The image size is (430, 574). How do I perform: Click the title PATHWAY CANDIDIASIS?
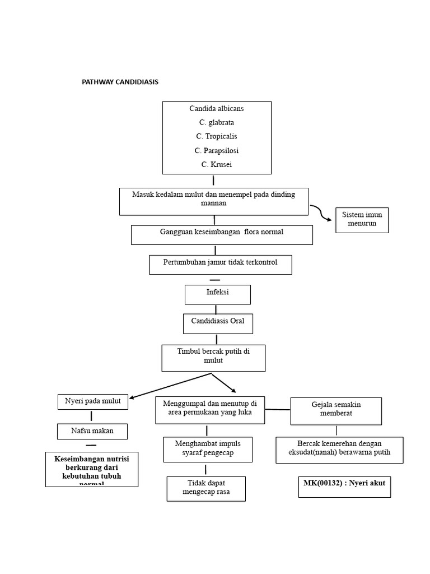click(x=120, y=82)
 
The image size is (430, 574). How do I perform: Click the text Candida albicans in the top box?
click(x=216, y=108)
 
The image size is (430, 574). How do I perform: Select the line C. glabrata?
click(x=216, y=122)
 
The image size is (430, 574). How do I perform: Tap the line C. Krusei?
click(x=216, y=164)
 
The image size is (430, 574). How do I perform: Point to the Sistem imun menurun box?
click(x=362, y=219)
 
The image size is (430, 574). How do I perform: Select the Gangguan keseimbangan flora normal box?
click(x=222, y=235)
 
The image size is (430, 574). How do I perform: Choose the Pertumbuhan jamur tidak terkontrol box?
click(x=220, y=265)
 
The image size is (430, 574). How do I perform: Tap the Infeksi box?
click(x=217, y=294)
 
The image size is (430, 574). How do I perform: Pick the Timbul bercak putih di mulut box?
click(x=213, y=358)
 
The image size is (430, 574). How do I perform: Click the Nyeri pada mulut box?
click(x=92, y=402)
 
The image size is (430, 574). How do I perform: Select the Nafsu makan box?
click(x=92, y=431)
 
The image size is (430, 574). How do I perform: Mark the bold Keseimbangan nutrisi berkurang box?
click(x=92, y=469)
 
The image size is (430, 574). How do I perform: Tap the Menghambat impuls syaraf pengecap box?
click(x=208, y=450)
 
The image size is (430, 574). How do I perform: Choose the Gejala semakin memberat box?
click(x=336, y=411)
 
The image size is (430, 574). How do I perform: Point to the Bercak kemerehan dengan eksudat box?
click(x=339, y=450)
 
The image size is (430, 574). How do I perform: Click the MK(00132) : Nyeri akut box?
click(x=344, y=487)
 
